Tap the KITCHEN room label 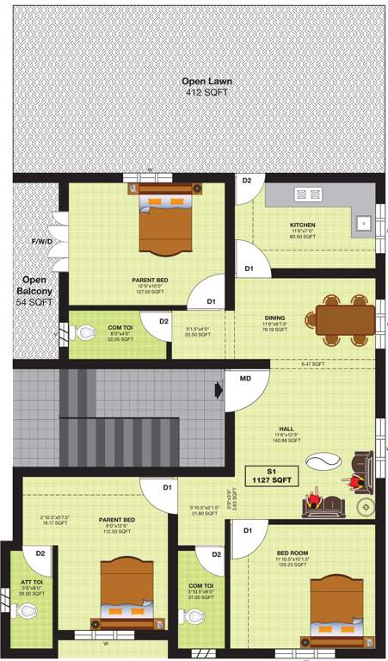(302, 225)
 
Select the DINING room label (274, 318)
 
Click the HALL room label (286, 428)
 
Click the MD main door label (245, 379)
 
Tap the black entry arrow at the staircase (219, 390)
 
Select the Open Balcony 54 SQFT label (34, 286)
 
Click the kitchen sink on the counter (363, 223)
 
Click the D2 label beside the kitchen (247, 181)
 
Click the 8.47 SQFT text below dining (312, 364)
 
